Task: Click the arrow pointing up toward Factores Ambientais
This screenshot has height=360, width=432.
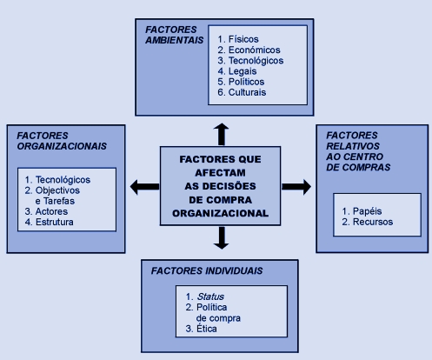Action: coord(222,134)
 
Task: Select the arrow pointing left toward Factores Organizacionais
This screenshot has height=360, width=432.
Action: coord(144,187)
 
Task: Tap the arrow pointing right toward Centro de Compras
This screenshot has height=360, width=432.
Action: coord(296,187)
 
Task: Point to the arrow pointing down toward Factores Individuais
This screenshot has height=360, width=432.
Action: coord(222,238)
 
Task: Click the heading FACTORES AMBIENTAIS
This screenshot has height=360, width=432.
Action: coord(175,35)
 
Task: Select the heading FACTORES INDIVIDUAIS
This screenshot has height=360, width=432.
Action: coord(207,270)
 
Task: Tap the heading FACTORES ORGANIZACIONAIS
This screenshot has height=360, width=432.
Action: coord(62,141)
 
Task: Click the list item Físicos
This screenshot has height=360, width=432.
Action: coord(243,39)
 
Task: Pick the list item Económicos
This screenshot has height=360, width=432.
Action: coord(255,50)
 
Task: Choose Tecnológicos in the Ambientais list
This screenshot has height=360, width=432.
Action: coord(256,61)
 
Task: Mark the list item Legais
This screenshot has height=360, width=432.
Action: coord(243,71)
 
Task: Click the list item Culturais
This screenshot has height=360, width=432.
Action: coord(247,92)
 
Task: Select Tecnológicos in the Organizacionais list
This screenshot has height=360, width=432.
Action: coord(63,180)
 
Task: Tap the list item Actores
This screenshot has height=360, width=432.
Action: coord(51,211)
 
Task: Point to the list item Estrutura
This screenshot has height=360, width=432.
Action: coord(55,222)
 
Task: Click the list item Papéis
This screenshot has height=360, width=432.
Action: coord(367,211)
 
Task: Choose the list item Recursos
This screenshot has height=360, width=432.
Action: coord(373,222)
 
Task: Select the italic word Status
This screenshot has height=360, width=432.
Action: coord(210,297)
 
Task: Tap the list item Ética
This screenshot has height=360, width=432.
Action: coord(207,329)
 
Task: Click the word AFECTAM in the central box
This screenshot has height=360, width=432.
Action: coord(220,173)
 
